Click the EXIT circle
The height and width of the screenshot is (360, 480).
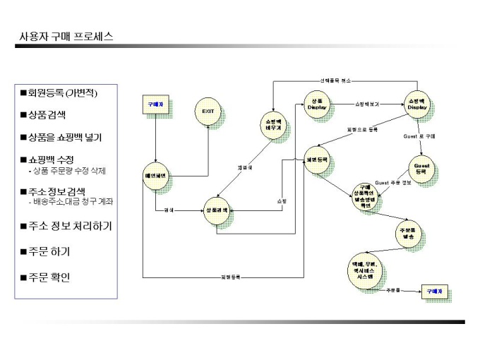tap(208, 112)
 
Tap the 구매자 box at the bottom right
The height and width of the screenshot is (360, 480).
tap(434, 290)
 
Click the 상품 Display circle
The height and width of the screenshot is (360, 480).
tap(317, 104)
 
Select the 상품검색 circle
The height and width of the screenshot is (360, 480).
tap(217, 210)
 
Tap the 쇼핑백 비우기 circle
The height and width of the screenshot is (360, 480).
tap(273, 125)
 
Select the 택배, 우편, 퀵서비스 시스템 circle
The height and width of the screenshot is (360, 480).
tap(366, 270)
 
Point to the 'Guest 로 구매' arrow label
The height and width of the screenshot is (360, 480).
tap(419, 136)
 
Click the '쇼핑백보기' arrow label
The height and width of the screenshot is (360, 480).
tap(366, 104)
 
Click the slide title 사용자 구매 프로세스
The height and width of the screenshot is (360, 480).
tap(66, 37)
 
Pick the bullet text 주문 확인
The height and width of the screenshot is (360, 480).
tap(49, 277)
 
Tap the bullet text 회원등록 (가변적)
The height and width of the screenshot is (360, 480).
tap(62, 93)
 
